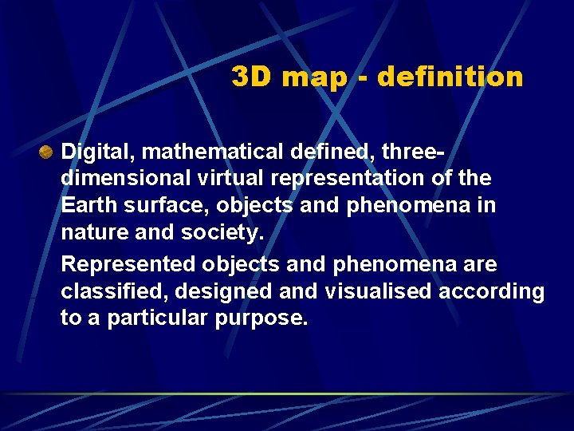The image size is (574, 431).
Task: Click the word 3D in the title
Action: click(x=250, y=77)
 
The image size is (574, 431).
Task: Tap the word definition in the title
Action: click(x=450, y=77)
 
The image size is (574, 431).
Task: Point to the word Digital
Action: click(x=92, y=150)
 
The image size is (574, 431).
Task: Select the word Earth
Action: click(x=88, y=206)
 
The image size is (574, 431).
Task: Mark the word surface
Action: click(x=162, y=206)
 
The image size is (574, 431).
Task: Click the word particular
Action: click(x=153, y=318)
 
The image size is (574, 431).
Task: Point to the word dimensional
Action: click(x=124, y=178)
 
